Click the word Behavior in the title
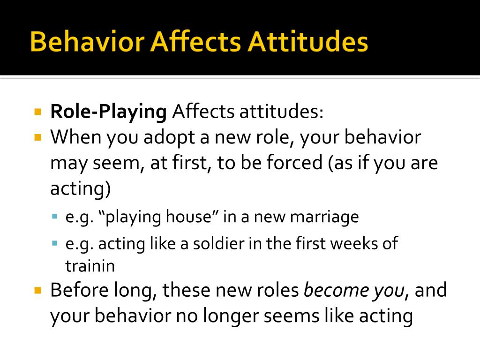[87, 42]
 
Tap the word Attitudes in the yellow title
[308, 42]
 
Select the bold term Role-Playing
[108, 112]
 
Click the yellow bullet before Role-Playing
[38, 112]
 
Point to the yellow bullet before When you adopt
[38, 138]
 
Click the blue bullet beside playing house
[55, 217]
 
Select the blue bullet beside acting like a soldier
[55, 243]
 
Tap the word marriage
[324, 217]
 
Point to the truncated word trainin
[90, 266]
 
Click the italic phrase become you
[354, 291]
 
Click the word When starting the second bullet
[75, 138]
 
